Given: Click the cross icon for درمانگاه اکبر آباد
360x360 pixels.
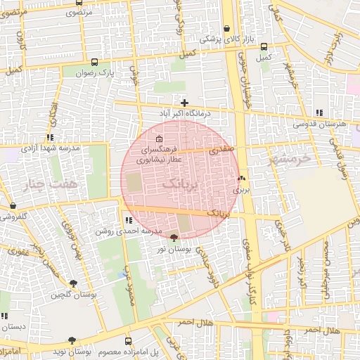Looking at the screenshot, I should [184, 103].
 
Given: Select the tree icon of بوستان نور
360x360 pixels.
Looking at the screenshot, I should [174, 238].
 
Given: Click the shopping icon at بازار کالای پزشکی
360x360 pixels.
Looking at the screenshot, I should [226, 30].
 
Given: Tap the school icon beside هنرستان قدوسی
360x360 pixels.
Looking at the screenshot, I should [319, 112].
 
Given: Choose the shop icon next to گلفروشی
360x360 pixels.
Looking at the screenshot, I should [13, 206].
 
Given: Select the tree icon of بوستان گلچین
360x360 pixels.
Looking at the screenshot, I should [72, 283].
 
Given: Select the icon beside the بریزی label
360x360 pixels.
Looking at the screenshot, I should [242, 179].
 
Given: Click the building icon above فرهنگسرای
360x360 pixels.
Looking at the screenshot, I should [159, 139].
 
